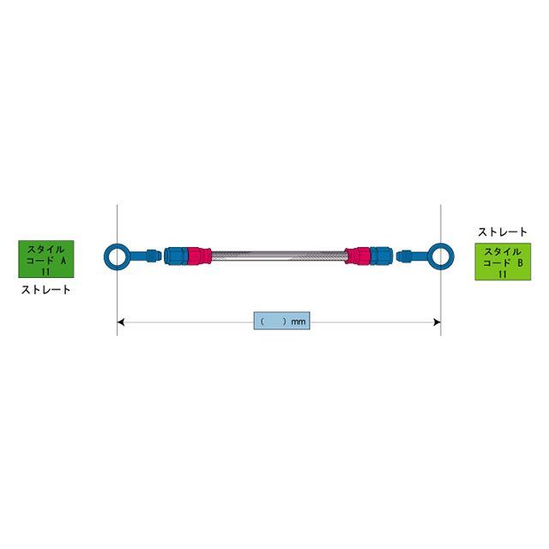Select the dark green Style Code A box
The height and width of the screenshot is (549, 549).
(45, 259)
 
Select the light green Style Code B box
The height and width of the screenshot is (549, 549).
(503, 262)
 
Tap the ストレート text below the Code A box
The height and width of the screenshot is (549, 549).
(45, 290)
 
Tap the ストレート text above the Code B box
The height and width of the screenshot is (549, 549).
(503, 232)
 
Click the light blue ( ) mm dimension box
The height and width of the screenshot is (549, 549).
(282, 320)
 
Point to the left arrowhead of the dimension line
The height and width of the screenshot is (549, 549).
(120, 323)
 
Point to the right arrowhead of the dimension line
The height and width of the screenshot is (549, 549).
(437, 323)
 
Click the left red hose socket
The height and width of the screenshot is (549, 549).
(199, 256)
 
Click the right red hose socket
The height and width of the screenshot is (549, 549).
(358, 256)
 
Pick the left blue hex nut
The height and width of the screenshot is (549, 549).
(176, 256)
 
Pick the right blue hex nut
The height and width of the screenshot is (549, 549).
(381, 256)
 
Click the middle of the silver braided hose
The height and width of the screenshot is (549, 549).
(278, 256)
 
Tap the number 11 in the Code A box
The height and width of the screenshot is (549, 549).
(45, 272)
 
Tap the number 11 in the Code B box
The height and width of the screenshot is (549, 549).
(503, 274)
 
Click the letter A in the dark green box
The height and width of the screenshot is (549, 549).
(63, 261)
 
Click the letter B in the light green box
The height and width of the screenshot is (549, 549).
(520, 263)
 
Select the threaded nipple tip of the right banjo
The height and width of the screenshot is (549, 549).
(404, 256)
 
